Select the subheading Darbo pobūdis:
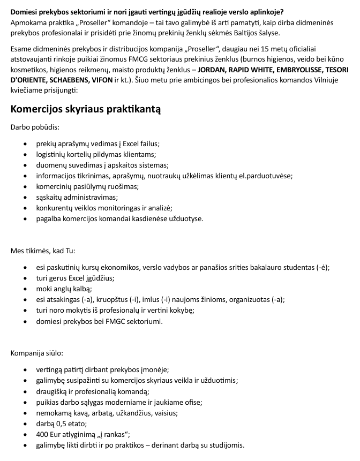(35, 127)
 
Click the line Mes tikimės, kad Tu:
(43, 251)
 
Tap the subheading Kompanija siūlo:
(37, 353)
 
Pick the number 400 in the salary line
(43, 434)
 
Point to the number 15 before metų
(273, 50)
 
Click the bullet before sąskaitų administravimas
(26, 197)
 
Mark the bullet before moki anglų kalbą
(26, 289)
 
